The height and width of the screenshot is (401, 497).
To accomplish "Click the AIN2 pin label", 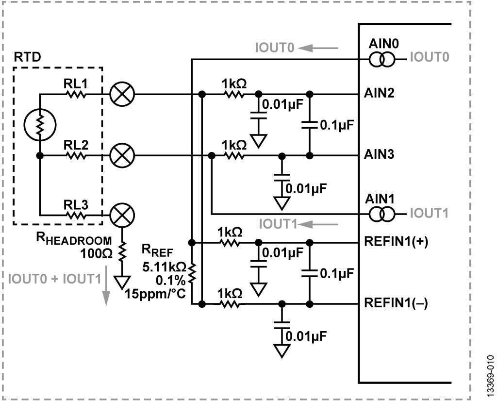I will point(378,94).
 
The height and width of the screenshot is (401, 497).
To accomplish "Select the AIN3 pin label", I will point(378,156).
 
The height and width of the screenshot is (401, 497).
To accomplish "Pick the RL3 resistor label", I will point(75,205).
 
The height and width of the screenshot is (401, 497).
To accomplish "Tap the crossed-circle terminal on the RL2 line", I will point(120,156).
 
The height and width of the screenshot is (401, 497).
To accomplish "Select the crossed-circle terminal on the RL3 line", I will point(120,214).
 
